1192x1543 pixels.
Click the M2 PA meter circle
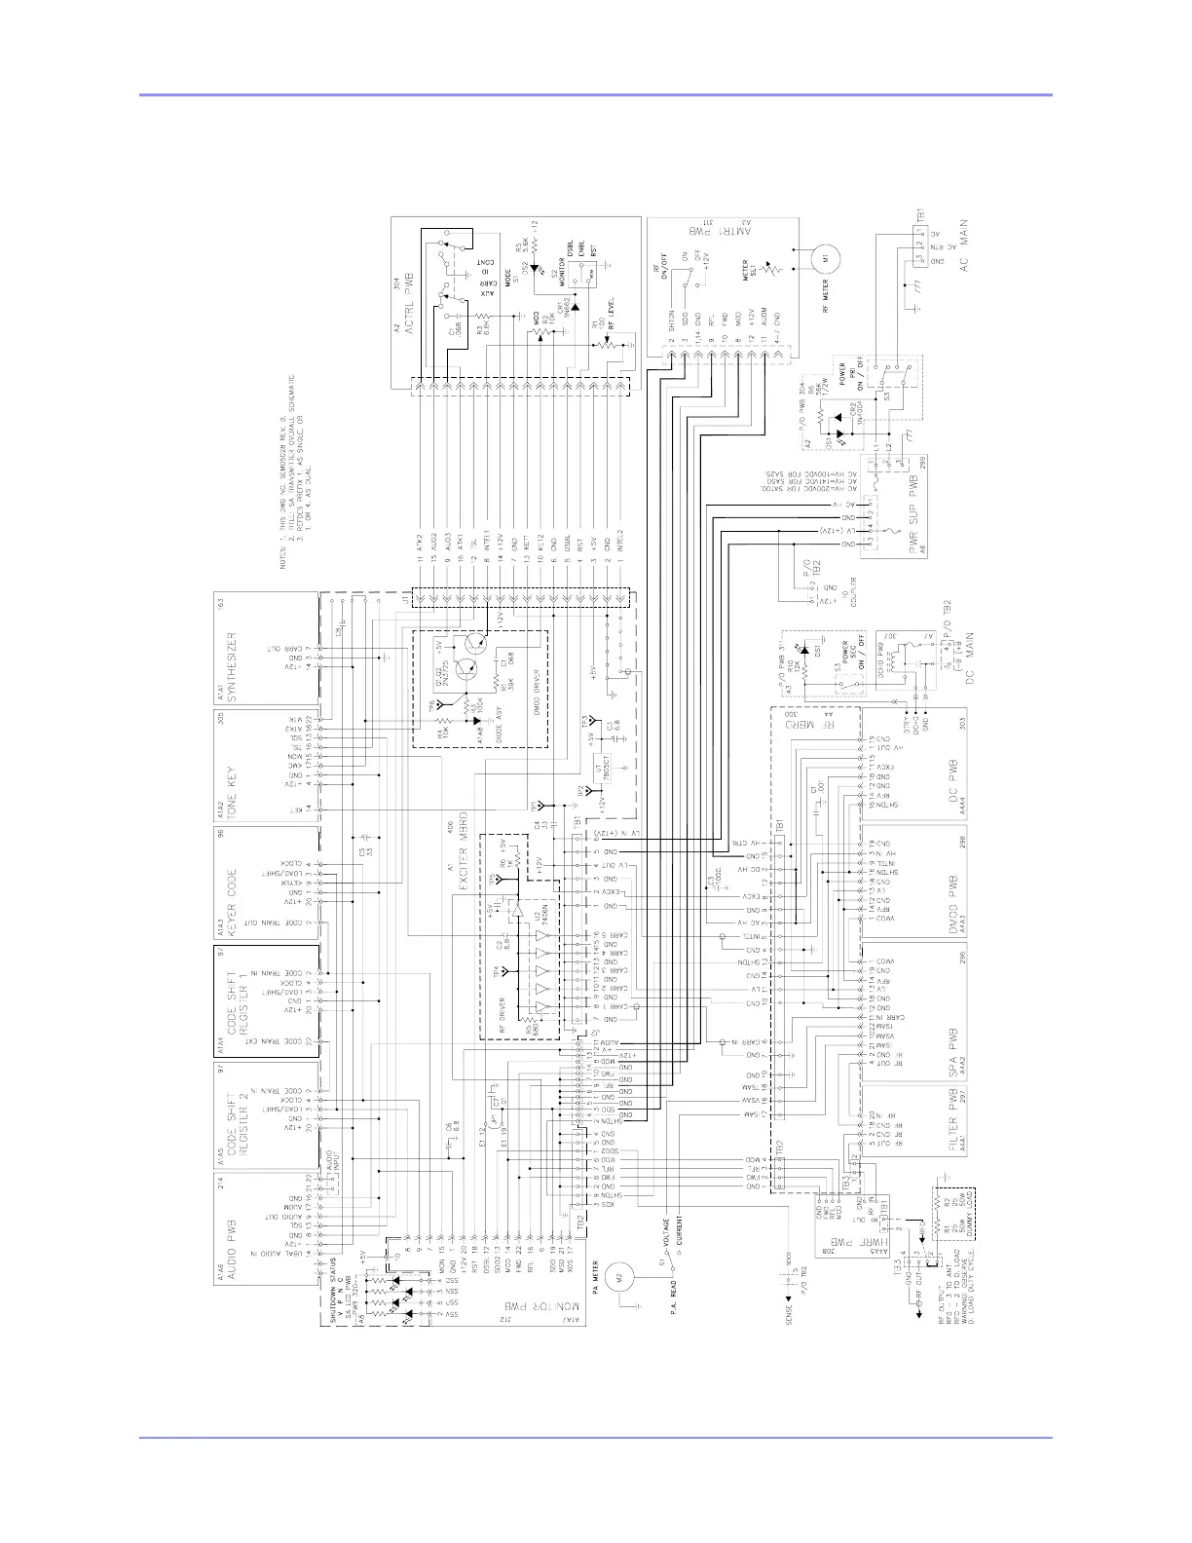coord(618,1273)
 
